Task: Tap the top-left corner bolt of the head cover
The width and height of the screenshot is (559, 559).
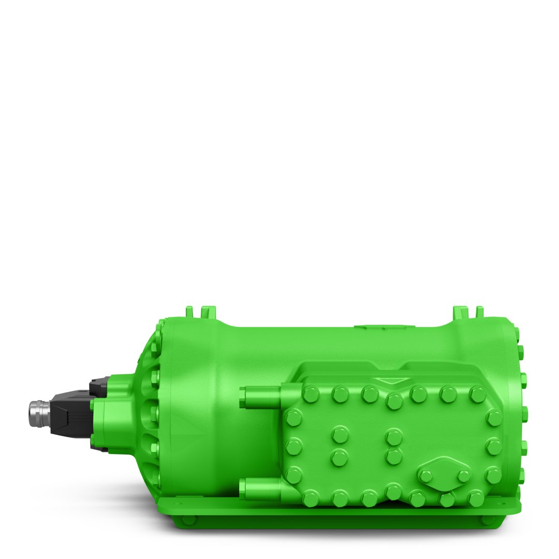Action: (x=311, y=394)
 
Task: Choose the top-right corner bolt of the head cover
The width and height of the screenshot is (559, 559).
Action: (x=477, y=394)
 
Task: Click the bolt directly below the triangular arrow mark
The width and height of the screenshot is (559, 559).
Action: (x=394, y=400)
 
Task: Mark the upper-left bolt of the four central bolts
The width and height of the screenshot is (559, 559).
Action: (x=340, y=434)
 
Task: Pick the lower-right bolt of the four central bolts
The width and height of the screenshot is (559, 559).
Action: (x=394, y=457)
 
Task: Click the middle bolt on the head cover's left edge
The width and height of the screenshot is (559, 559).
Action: (x=293, y=447)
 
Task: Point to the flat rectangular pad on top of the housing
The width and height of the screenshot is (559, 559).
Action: (x=385, y=327)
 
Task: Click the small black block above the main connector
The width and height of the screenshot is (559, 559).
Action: (x=98, y=386)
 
